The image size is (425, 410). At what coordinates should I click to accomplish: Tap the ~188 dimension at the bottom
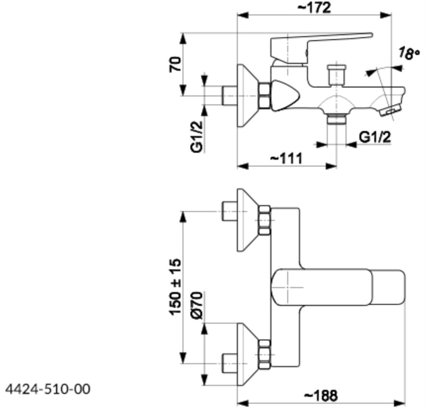click(x=320, y=396)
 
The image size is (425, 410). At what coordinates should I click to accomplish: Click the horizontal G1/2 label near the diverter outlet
click(x=375, y=137)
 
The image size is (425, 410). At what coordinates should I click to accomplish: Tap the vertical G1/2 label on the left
click(x=198, y=137)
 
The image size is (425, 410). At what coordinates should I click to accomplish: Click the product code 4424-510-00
click(x=47, y=389)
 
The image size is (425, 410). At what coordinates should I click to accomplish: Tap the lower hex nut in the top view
click(x=264, y=354)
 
